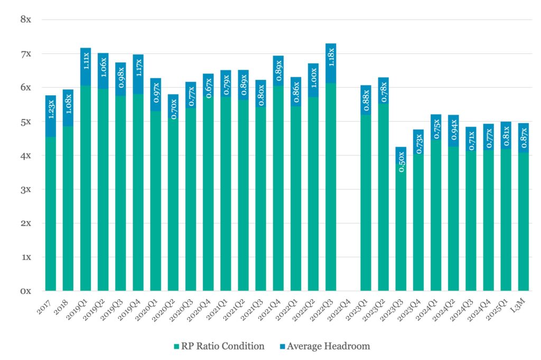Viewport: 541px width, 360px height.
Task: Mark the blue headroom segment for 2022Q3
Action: pos(331,63)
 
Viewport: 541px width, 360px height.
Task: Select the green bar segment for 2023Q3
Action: pos(402,233)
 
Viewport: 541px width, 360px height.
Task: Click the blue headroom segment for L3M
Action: pos(524,138)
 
